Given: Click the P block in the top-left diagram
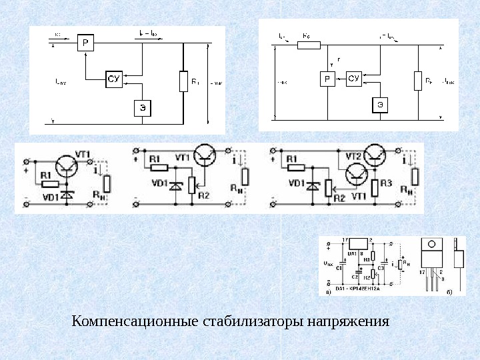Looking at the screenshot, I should [86, 43].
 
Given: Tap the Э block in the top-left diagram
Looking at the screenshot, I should [143, 107].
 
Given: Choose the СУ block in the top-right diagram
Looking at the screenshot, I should [353, 79].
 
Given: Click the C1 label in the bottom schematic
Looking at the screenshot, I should [340, 268].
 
